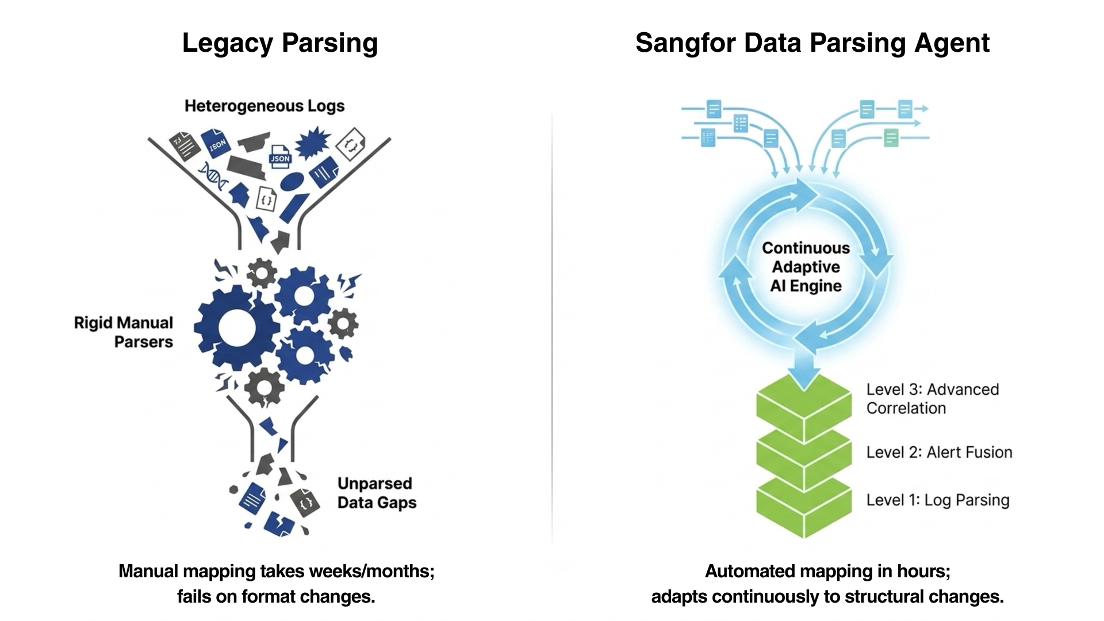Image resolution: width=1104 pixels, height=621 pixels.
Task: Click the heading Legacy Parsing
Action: (x=280, y=44)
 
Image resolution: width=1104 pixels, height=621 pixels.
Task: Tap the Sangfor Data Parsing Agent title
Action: (x=812, y=44)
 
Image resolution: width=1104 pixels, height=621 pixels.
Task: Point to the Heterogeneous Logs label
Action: (x=264, y=106)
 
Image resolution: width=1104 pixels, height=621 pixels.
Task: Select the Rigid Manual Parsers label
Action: (x=124, y=332)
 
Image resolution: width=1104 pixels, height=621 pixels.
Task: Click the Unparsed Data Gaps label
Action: (x=377, y=493)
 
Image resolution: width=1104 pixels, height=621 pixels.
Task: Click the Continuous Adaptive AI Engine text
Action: (x=806, y=267)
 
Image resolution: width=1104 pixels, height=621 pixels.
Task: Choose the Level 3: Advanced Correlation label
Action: (x=933, y=398)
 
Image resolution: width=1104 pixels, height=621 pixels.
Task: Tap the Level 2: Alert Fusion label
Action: (x=940, y=453)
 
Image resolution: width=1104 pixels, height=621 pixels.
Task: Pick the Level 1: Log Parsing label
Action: (x=938, y=500)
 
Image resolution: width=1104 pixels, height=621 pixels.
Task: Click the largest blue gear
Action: (x=237, y=328)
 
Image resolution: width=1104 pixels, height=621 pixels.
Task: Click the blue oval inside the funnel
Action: (x=292, y=182)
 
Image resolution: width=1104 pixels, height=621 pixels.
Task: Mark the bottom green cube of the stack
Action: (x=803, y=505)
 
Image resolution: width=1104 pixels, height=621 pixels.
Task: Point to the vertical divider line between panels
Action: (x=553, y=328)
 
